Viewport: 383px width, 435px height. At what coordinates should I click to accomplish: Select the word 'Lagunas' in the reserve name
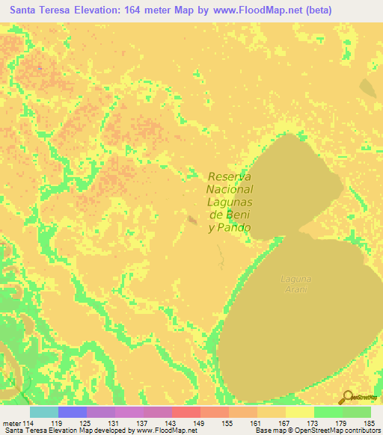tap(230, 202)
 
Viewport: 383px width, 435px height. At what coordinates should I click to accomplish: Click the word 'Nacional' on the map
tap(230, 189)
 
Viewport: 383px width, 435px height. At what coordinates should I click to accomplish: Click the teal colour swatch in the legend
tap(43, 412)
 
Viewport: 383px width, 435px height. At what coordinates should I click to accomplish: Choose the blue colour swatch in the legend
tap(72, 412)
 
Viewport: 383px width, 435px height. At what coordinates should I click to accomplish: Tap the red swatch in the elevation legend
tap(186, 412)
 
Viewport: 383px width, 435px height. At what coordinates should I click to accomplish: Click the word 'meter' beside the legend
tap(10, 422)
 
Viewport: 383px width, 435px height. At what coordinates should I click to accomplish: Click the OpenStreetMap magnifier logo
tap(346, 397)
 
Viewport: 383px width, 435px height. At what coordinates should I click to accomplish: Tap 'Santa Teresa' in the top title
tap(43, 10)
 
